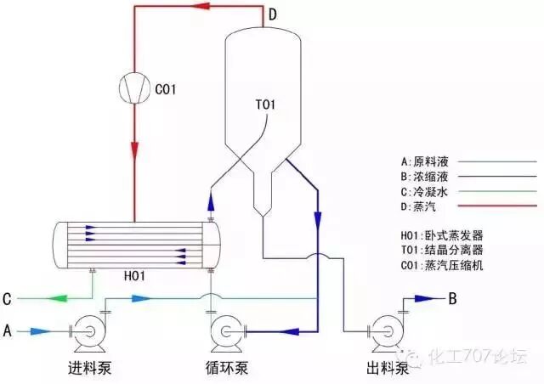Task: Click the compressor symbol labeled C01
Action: point(133,87)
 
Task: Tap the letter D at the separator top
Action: point(272,15)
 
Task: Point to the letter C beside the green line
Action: point(7,299)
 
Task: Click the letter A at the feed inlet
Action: point(8,329)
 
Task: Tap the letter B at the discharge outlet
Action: point(452,298)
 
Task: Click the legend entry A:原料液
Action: point(428,160)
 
